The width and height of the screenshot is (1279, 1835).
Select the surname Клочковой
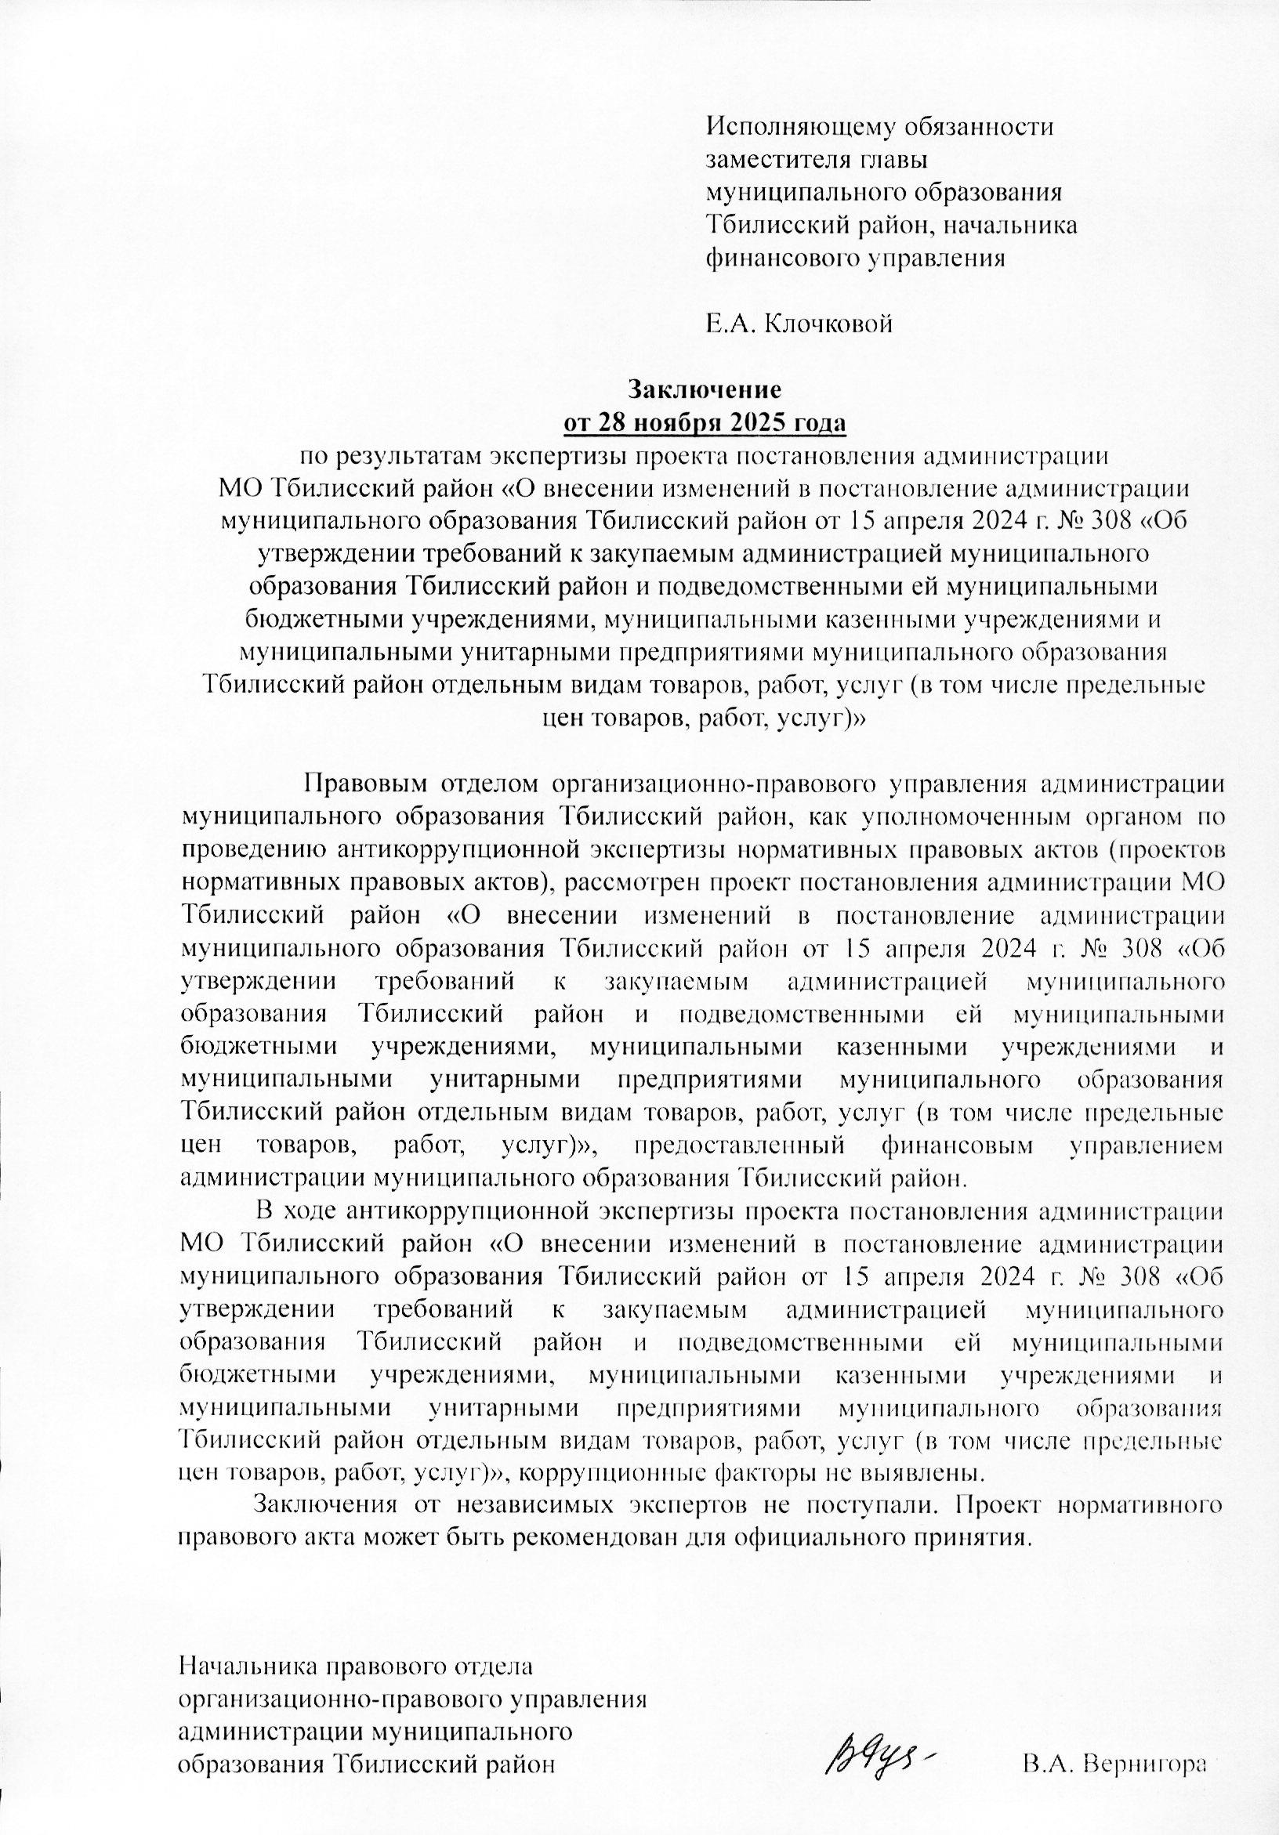828,324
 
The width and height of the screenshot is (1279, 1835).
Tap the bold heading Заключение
703,390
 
